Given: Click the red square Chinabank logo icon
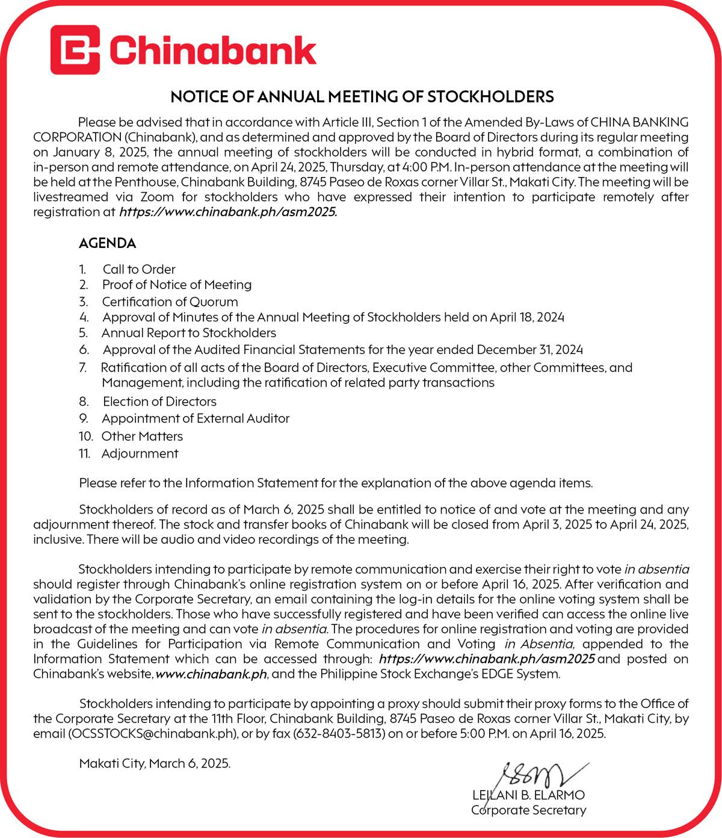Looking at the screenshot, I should click(75, 49).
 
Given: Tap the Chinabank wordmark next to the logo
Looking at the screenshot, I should click(212, 50).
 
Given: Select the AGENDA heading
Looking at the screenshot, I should click(107, 243).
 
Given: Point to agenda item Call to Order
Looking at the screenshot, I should click(139, 269).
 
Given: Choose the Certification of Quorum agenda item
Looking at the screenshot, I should click(170, 302).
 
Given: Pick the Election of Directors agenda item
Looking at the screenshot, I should click(159, 401).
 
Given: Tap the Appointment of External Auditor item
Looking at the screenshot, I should click(196, 418).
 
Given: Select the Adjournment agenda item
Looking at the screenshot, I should click(140, 453).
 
